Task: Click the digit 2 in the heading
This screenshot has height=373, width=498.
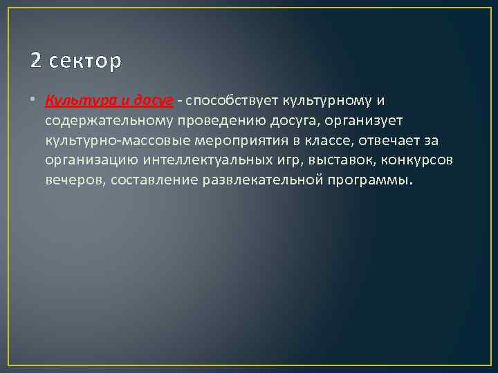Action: click(x=37, y=61)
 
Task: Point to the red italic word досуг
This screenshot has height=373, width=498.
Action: click(x=153, y=102)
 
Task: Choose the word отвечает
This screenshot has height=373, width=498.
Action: click(x=388, y=141)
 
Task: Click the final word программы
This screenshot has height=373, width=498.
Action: click(x=375, y=180)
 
